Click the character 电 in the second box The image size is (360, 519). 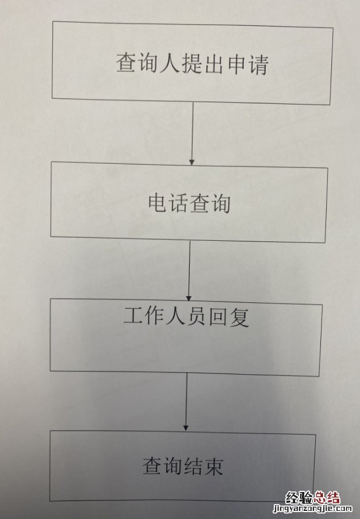pyautogui.click(x=158, y=202)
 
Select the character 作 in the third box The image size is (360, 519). pyautogui.click(x=154, y=316)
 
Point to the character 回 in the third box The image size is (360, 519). pyautogui.click(x=217, y=317)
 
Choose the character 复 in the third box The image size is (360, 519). pyautogui.click(x=239, y=317)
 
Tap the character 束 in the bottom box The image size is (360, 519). pyautogui.click(x=213, y=467)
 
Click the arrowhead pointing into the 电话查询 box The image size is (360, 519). pyautogui.click(x=192, y=163)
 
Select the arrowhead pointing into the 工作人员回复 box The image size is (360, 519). pyautogui.click(x=189, y=298)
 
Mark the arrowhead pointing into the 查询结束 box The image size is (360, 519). pyautogui.click(x=186, y=428)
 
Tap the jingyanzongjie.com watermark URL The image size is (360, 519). pyautogui.click(x=312, y=509)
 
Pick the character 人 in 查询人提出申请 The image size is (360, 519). pyautogui.click(x=170, y=63)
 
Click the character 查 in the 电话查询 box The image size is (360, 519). pyautogui.click(x=200, y=203)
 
